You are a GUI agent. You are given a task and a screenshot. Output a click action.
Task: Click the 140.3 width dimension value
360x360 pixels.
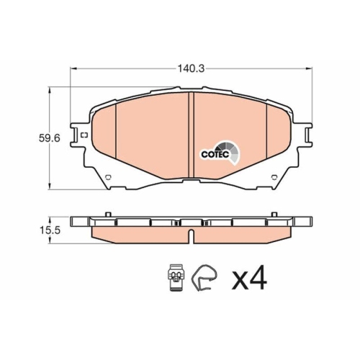pos(191,69)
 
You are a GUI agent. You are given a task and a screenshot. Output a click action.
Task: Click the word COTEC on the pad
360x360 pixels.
pos(212,153)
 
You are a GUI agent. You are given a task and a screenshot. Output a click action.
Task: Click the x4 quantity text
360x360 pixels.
pos(248,279)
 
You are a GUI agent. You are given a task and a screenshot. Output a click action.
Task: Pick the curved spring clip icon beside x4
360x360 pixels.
pos(207,277)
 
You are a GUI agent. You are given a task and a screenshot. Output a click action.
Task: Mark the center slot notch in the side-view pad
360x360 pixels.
pos(190,235)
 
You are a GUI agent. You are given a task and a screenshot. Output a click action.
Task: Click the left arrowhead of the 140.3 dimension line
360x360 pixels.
pos(72,69)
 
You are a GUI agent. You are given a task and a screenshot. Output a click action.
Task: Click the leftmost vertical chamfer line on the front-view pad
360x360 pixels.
pos(116,137)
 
